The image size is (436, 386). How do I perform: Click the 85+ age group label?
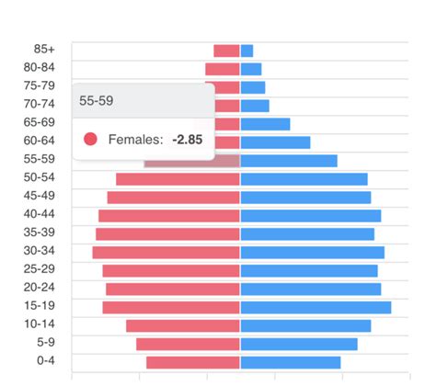pyautogui.click(x=45, y=50)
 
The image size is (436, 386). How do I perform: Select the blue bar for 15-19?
pyautogui.click(x=316, y=307)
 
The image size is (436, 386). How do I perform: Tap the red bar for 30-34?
pyautogui.click(x=166, y=252)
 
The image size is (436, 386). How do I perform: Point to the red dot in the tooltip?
pyautogui.click(x=90, y=139)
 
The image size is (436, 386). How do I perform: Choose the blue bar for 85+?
pyautogui.click(x=247, y=51)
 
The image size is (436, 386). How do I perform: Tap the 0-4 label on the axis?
pyautogui.click(x=45, y=361)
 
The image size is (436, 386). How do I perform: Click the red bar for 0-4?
pyautogui.click(x=192, y=362)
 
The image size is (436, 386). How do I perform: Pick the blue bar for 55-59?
pyautogui.click(x=289, y=161)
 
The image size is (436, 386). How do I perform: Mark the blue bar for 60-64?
pyautogui.click(x=275, y=142)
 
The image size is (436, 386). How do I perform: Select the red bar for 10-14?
pyautogui.click(x=182, y=325)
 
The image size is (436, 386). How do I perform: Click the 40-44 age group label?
pyautogui.click(x=40, y=214)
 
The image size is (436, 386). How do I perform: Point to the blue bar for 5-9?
pyautogui.click(x=299, y=344)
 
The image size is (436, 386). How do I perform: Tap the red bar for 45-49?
pyautogui.click(x=173, y=197)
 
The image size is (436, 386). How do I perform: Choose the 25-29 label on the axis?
pyautogui.click(x=40, y=269)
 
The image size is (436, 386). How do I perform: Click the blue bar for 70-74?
pyautogui.click(x=255, y=106)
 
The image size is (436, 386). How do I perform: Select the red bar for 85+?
pyautogui.click(x=226, y=51)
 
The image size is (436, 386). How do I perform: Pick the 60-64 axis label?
pyautogui.click(x=40, y=141)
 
